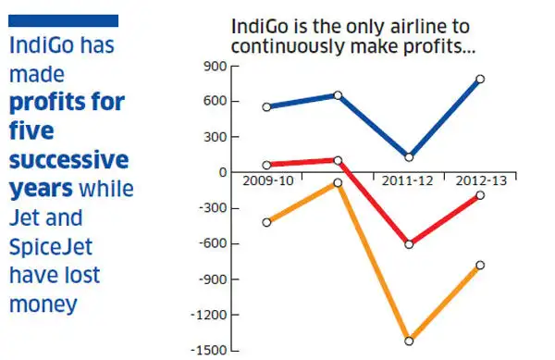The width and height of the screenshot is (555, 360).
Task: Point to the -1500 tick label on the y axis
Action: coord(210,351)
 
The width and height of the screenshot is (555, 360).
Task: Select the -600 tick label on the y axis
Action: coord(213,244)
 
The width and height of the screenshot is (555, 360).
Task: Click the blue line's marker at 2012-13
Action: coord(480,80)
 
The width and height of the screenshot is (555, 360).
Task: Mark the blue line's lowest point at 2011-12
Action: coord(408,157)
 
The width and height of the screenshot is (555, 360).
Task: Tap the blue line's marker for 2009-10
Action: coord(267,107)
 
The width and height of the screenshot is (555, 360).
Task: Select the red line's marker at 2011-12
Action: coord(408,244)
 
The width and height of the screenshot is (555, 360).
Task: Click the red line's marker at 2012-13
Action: coord(480,195)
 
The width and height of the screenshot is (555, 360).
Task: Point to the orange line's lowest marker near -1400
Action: coord(408,341)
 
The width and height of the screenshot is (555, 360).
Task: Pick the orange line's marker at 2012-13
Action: coord(480,266)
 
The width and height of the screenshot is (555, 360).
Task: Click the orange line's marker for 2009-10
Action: coord(267,222)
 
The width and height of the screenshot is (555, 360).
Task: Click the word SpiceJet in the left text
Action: coord(50,248)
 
